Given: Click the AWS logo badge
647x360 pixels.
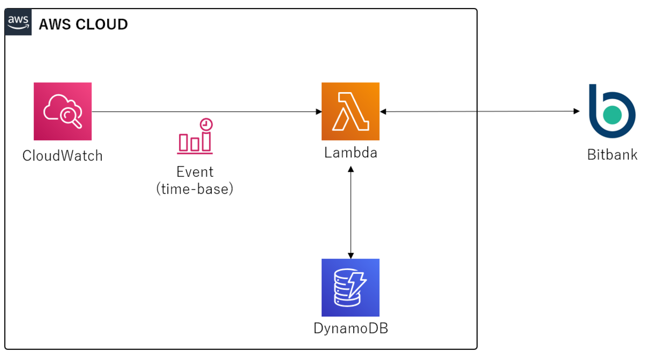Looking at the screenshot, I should [18, 23].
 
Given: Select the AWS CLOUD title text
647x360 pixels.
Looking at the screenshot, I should [83, 24].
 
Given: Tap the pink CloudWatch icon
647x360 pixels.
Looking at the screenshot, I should [63, 112].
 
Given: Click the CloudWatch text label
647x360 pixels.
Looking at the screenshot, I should [63, 156].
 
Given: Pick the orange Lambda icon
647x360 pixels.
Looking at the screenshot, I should [350, 112].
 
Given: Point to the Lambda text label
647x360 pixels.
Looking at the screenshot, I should [350, 153].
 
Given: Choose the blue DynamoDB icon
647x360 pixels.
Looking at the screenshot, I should [350, 287].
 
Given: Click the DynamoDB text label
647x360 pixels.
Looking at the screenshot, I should [350, 328].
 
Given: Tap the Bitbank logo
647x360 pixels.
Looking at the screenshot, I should [611, 112].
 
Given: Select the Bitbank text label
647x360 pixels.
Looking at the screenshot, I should [612, 155].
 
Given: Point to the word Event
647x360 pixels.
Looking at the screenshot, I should [195, 172].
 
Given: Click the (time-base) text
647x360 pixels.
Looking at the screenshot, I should [195, 189].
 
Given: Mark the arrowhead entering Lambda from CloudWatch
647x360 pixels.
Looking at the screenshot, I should [319, 112].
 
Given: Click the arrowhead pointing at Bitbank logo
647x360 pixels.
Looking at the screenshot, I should [576, 112].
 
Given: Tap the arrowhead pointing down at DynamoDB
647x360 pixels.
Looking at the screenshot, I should [351, 255].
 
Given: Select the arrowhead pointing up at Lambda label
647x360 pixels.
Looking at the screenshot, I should [351, 169].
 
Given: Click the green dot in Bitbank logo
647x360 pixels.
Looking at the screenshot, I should [612, 115].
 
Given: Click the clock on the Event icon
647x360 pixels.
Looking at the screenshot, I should [205, 124].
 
